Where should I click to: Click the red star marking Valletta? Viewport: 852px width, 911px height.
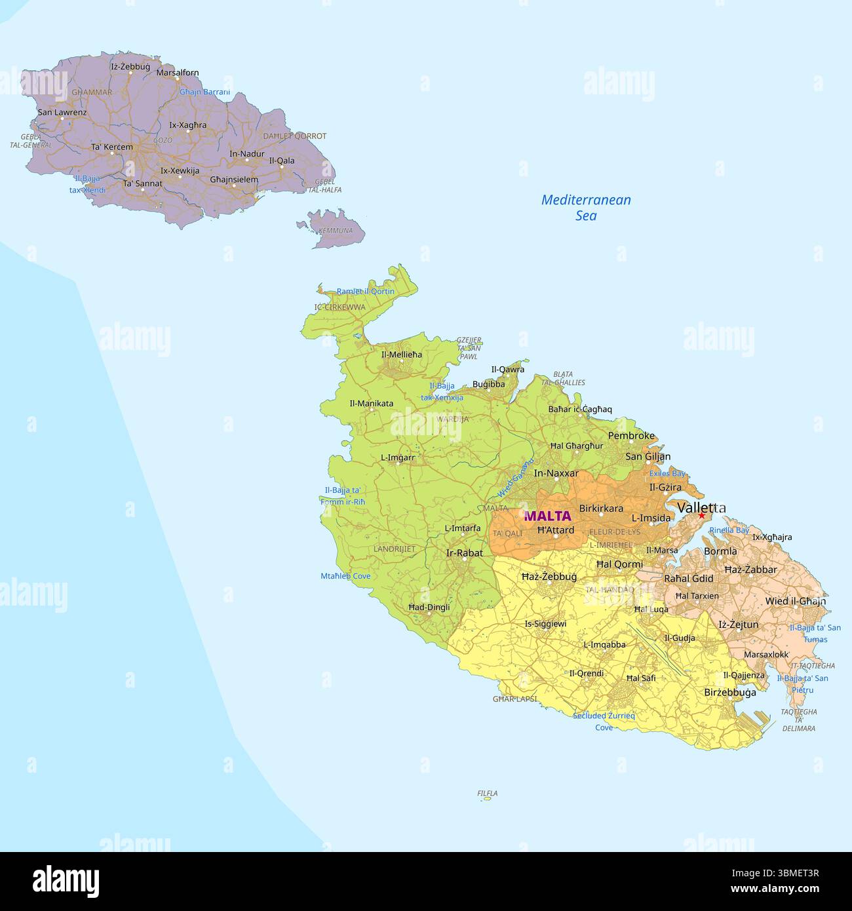(701, 515)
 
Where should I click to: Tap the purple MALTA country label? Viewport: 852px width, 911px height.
(547, 516)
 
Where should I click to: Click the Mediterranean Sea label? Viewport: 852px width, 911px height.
(586, 208)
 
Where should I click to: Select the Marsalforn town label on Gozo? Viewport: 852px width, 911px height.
(178, 73)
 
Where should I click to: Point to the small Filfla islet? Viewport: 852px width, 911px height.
(487, 798)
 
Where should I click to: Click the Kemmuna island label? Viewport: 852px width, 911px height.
(335, 231)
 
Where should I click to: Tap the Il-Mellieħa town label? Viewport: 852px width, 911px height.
(402, 355)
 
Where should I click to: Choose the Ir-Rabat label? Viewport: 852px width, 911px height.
(464, 552)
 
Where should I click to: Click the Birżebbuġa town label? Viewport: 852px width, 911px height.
(729, 692)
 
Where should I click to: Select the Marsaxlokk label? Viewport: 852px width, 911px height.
(765, 654)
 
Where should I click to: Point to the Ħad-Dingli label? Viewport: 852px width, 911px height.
(429, 607)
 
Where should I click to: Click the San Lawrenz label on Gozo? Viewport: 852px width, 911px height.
(62, 112)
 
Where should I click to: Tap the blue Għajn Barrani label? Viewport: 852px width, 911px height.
(205, 92)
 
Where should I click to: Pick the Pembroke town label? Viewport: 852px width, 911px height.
(631, 436)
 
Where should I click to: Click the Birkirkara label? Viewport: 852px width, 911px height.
(601, 508)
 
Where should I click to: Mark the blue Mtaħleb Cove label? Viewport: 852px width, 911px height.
(345, 576)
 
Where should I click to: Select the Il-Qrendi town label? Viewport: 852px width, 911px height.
(586, 673)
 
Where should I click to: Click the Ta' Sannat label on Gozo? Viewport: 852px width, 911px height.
(142, 184)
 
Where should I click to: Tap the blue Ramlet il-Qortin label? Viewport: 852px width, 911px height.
(365, 292)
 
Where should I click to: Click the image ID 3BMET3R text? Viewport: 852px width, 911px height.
(792, 889)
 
